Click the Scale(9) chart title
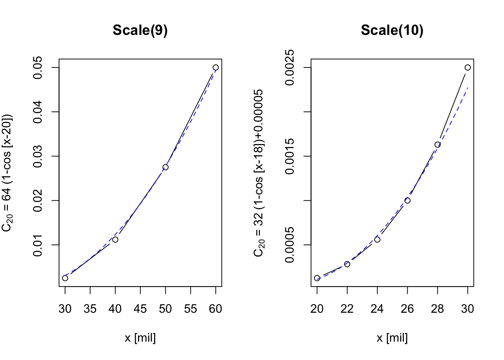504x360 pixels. [x=140, y=30]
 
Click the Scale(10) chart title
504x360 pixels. [x=392, y=30]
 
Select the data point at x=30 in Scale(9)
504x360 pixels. [x=65, y=278]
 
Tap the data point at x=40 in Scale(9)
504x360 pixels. [x=115, y=239]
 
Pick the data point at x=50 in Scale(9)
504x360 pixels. [x=165, y=167]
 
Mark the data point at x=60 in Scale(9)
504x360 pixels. [x=216, y=67]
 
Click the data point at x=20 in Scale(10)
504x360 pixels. [x=317, y=278]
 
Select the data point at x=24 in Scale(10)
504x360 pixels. [x=377, y=239]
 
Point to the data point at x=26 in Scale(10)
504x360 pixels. [x=407, y=201]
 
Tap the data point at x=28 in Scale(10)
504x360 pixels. [x=437, y=145]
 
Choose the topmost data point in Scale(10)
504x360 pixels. [x=468, y=67]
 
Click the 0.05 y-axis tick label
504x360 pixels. [x=38, y=68]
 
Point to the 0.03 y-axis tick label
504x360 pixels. [x=38, y=156]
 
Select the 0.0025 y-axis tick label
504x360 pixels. [x=289, y=68]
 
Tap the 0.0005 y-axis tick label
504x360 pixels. [x=289, y=245]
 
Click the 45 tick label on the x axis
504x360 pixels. [x=140, y=309]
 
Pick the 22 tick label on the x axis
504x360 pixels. [x=347, y=309]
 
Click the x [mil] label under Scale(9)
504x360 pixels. [x=140, y=338]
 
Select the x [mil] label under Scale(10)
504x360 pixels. [x=392, y=338]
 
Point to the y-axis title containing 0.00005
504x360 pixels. [x=259, y=173]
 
